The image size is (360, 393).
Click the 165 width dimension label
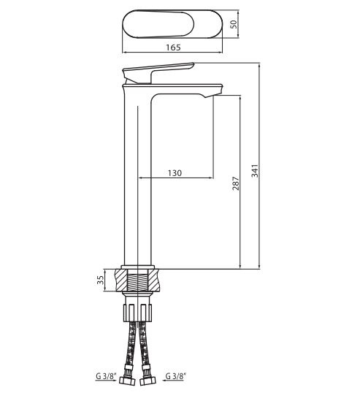(x=173, y=47)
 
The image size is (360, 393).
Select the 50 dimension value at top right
(x=234, y=24)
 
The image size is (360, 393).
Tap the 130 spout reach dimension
(x=175, y=173)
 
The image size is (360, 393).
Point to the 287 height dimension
(x=236, y=183)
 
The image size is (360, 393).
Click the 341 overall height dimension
(x=255, y=171)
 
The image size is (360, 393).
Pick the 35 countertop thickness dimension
(x=100, y=280)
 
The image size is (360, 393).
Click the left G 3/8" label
(x=106, y=376)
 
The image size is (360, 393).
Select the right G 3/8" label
(x=176, y=376)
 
